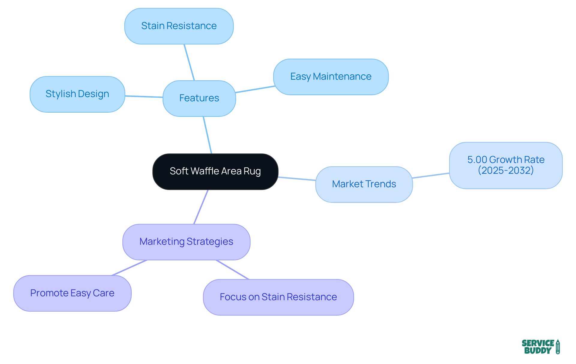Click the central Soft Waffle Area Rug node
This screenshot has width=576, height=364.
coord(215,171)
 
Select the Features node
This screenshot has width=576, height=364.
coord(199,98)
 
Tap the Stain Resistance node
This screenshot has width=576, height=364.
coord(179,26)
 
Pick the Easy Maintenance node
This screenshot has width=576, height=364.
coord(331,77)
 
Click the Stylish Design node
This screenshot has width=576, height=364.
coord(77,94)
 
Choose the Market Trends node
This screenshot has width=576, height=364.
coord(364,184)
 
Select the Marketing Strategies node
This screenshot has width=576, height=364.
coord(186,242)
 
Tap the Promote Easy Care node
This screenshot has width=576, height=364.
coord(72,293)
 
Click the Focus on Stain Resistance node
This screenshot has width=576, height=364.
coord(278,297)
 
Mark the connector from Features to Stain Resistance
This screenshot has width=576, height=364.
coord(189,62)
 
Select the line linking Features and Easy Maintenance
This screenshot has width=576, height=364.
coord(255,89)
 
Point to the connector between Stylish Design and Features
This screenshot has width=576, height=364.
coord(144,96)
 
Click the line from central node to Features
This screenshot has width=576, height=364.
coord(208,135)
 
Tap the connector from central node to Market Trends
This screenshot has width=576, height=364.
coord(297,179)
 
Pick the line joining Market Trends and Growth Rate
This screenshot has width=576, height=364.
coord(431,176)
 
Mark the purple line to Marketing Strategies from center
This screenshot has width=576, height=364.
coord(201,207)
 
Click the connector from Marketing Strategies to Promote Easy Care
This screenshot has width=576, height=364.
coord(130,268)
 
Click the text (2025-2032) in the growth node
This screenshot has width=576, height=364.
coord(505,170)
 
